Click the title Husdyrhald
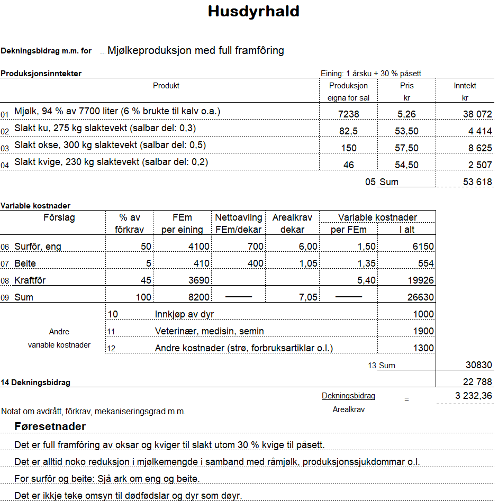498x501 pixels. click(x=253, y=12)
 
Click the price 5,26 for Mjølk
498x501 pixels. click(x=407, y=114)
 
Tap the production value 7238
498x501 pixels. click(x=348, y=114)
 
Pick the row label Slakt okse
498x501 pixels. click(x=110, y=145)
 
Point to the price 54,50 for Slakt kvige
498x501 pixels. click(x=407, y=165)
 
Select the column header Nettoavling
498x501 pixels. click(x=238, y=217)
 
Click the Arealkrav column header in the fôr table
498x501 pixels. click(x=292, y=217)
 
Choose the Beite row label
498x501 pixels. click(x=25, y=263)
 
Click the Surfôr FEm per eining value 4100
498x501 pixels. click(x=198, y=247)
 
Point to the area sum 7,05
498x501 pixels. click(x=308, y=297)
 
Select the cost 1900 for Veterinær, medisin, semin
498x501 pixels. click(x=423, y=331)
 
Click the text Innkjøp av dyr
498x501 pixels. click(x=184, y=314)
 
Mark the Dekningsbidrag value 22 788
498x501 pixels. click(x=477, y=382)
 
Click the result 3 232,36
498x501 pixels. click(x=474, y=396)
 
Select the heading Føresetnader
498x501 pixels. click(x=50, y=426)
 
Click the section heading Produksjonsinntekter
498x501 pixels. click(x=41, y=74)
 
